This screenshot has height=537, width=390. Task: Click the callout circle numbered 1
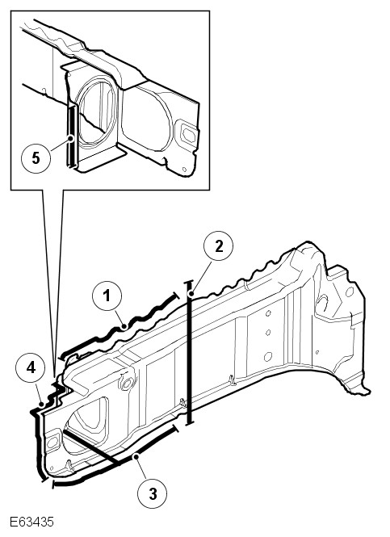pyautogui.click(x=107, y=296)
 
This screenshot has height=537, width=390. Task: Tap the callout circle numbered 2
pyautogui.click(x=219, y=246)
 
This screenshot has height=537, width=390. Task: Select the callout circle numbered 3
pyautogui.click(x=153, y=493)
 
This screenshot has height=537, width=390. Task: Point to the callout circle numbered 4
pyautogui.click(x=31, y=368)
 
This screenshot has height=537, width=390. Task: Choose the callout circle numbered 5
pyautogui.click(x=36, y=158)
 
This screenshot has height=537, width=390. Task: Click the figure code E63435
pyautogui.click(x=31, y=522)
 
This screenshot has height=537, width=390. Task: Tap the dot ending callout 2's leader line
pyautogui.click(x=191, y=293)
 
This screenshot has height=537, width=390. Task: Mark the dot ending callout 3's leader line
pyautogui.click(x=136, y=456)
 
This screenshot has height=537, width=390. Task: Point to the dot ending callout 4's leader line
pyautogui.click(x=41, y=405)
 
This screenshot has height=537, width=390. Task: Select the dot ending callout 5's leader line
pyautogui.click(x=70, y=139)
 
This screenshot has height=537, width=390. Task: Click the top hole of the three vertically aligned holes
pyautogui.click(x=268, y=313)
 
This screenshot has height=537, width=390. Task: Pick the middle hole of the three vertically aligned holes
pyautogui.click(x=268, y=333)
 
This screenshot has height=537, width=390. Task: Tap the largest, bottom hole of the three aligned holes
pyautogui.click(x=268, y=356)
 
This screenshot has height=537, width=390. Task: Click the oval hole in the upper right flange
pyautogui.click(x=349, y=292)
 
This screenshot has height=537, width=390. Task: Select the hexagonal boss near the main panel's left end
pyautogui.click(x=127, y=384)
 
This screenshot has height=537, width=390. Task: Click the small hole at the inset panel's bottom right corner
pyautogui.click(x=184, y=170)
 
